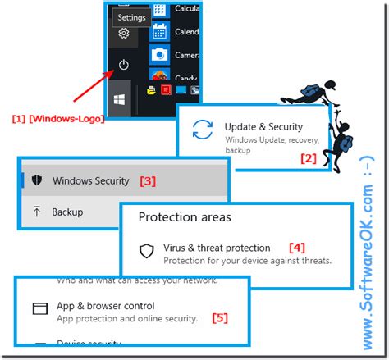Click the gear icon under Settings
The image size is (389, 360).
pos(123,33)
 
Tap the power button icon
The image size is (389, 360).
pos(123,64)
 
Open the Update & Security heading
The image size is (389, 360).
pos(263,127)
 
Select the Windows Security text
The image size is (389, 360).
pos(91,180)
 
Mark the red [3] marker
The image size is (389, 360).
pos(147,180)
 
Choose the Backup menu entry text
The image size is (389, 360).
pos(67,212)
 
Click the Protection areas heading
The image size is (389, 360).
pos(184,217)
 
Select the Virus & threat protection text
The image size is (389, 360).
pos(217,248)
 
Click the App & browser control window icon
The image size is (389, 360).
pos(40,309)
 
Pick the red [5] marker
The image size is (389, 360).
pos(220,317)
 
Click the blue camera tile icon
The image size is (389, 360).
pos(160,53)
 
